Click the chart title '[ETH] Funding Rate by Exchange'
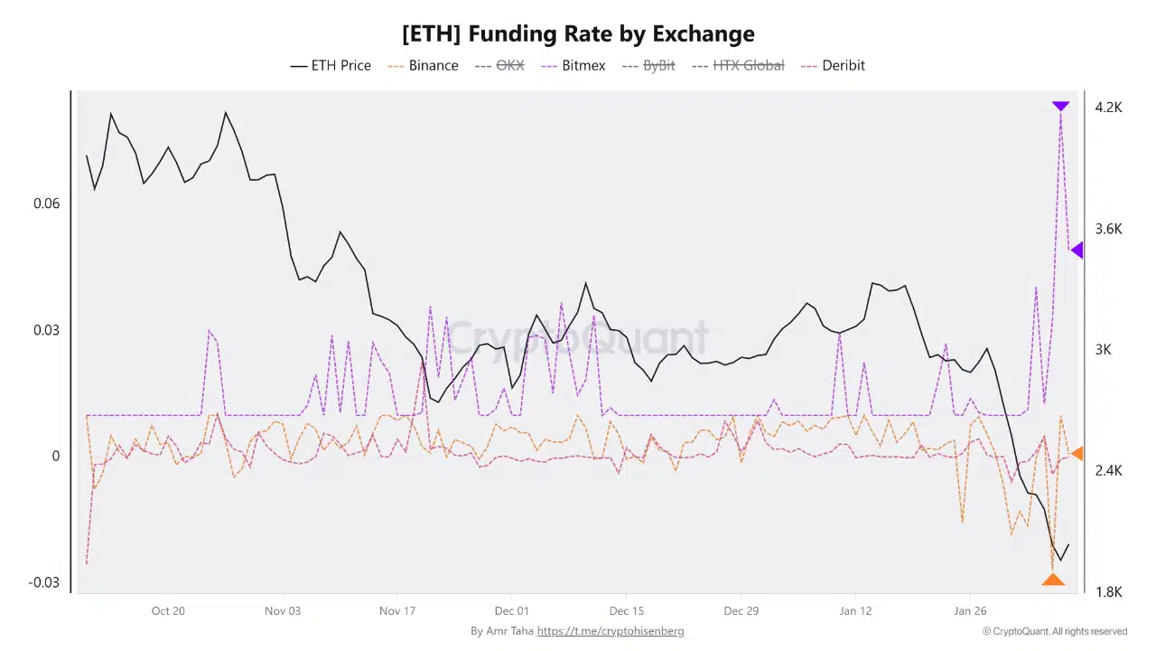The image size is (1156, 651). point(578,34)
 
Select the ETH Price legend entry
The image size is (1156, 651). point(331,65)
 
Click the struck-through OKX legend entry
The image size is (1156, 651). point(499,65)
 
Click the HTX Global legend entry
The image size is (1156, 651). point(737,65)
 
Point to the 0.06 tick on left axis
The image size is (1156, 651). point(47,203)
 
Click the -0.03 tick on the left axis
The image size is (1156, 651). point(44,582)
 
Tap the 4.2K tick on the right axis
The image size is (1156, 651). point(1108,108)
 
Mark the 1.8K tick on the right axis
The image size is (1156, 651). point(1108,592)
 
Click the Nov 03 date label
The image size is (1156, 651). point(283,611)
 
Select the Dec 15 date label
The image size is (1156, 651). point(626,611)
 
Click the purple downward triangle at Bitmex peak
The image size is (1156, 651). point(1060,107)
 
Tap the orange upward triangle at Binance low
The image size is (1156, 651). point(1052,580)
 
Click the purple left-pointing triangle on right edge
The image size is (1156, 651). point(1077,250)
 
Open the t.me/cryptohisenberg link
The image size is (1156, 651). point(611,631)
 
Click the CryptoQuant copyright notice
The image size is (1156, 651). point(1054,631)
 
